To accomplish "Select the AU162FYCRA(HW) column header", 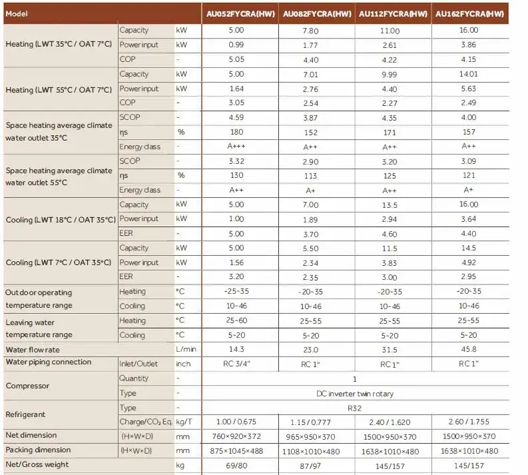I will point(469,13).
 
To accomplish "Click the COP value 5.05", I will point(236,59).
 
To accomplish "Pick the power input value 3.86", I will point(469,45).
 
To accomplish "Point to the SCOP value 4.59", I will point(236,117).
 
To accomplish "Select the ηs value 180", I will point(236,132).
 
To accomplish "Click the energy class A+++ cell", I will point(236,147).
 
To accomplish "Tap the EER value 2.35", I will point(310,277).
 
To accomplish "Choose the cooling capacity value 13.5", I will point(389,205).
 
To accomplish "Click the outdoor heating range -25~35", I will point(236,292).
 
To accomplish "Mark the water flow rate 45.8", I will point(469,349).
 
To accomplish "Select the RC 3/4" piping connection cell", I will point(236,364).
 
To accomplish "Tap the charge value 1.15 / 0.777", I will point(310,422).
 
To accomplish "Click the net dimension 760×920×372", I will point(236,436).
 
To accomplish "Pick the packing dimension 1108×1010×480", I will point(310,450).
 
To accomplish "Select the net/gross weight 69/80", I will point(236,465).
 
